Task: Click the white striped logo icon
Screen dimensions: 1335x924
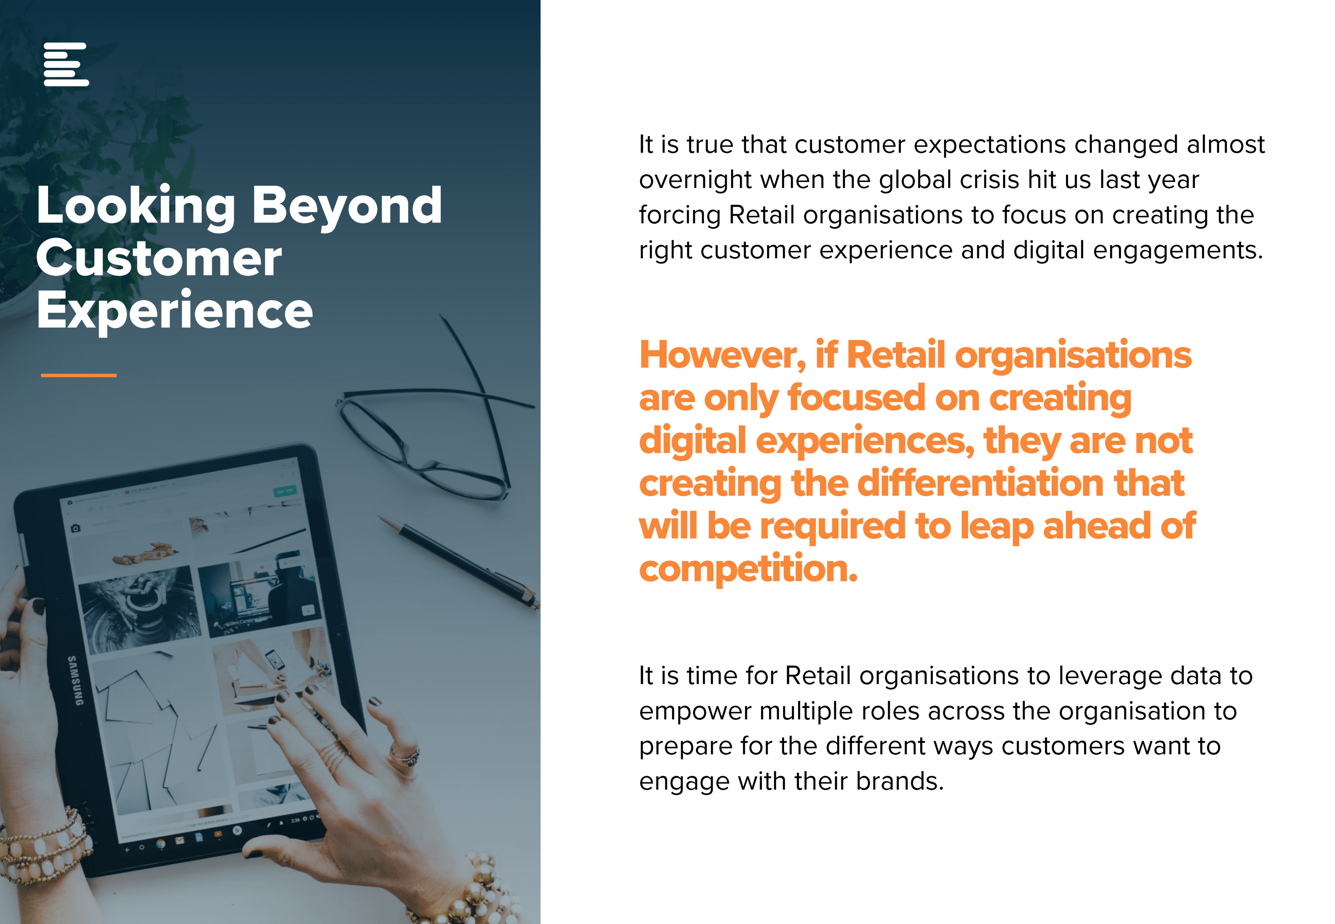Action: pos(66,64)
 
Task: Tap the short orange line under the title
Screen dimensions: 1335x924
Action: pos(79,375)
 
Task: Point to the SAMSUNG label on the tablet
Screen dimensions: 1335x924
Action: pos(75,680)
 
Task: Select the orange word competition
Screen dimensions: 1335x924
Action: pos(748,569)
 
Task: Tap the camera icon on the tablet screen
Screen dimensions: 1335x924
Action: pos(75,528)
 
